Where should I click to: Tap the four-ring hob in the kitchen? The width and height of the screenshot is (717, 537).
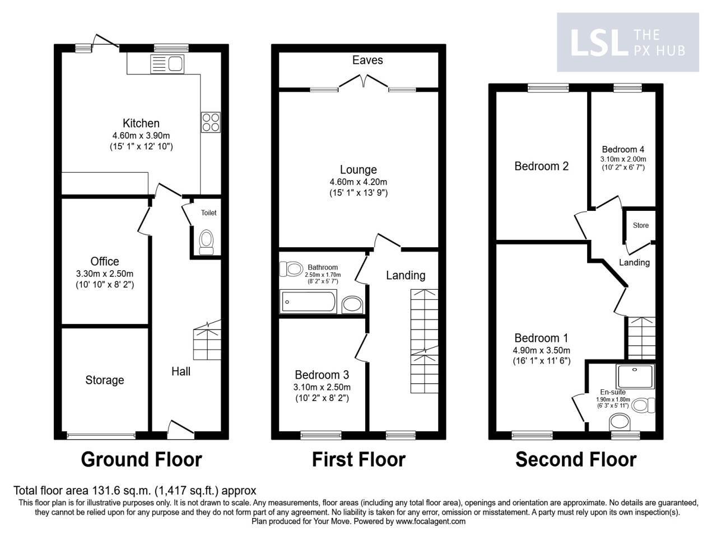click(210, 123)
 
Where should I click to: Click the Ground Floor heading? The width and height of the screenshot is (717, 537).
click(141, 460)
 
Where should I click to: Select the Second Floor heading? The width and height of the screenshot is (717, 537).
click(576, 460)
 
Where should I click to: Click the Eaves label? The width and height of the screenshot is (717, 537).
click(367, 60)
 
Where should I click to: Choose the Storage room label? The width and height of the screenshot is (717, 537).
click(105, 380)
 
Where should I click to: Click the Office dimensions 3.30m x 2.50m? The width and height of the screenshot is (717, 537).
click(105, 274)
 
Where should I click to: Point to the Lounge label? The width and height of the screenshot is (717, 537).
click(358, 169)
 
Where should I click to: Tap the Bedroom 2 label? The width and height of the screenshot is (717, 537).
click(541, 166)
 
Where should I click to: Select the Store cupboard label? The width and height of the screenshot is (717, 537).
click(641, 225)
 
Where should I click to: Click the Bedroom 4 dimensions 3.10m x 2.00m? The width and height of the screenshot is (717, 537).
click(623, 158)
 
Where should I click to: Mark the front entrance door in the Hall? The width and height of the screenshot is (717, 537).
click(180, 428)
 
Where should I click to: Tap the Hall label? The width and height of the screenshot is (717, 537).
click(181, 371)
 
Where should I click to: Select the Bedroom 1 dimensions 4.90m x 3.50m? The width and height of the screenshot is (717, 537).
click(541, 350)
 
